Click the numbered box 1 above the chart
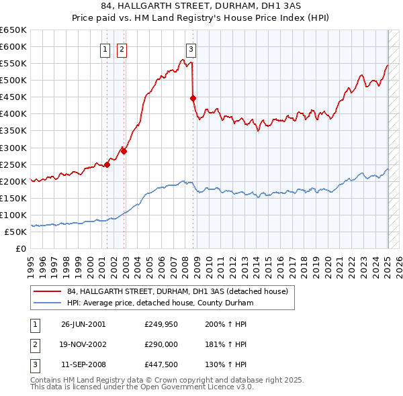(x=105, y=48)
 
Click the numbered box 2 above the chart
(x=122, y=48)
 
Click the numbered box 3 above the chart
(x=191, y=48)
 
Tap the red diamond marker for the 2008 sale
(x=193, y=98)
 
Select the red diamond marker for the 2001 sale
(x=107, y=164)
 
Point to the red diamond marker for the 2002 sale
(x=124, y=151)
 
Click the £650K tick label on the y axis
(x=13, y=30)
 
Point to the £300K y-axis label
(x=13, y=148)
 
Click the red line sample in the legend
(x=48, y=292)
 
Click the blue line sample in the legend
(x=48, y=303)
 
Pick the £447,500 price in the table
(x=161, y=366)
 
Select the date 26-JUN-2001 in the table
(x=83, y=324)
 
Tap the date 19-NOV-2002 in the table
(x=83, y=345)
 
